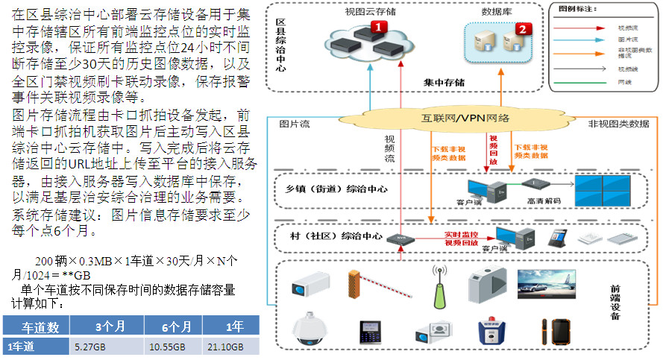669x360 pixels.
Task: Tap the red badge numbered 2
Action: point(523,29)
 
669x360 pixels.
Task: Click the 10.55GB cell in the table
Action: point(165,347)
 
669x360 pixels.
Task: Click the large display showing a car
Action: point(548,283)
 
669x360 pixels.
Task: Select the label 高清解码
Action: point(543,201)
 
